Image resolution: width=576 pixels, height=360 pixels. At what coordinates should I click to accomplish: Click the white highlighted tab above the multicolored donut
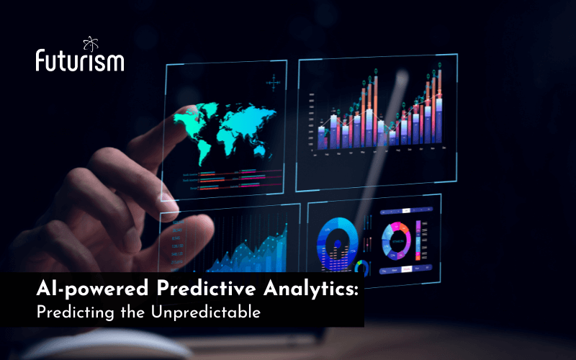click(x=406, y=210)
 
